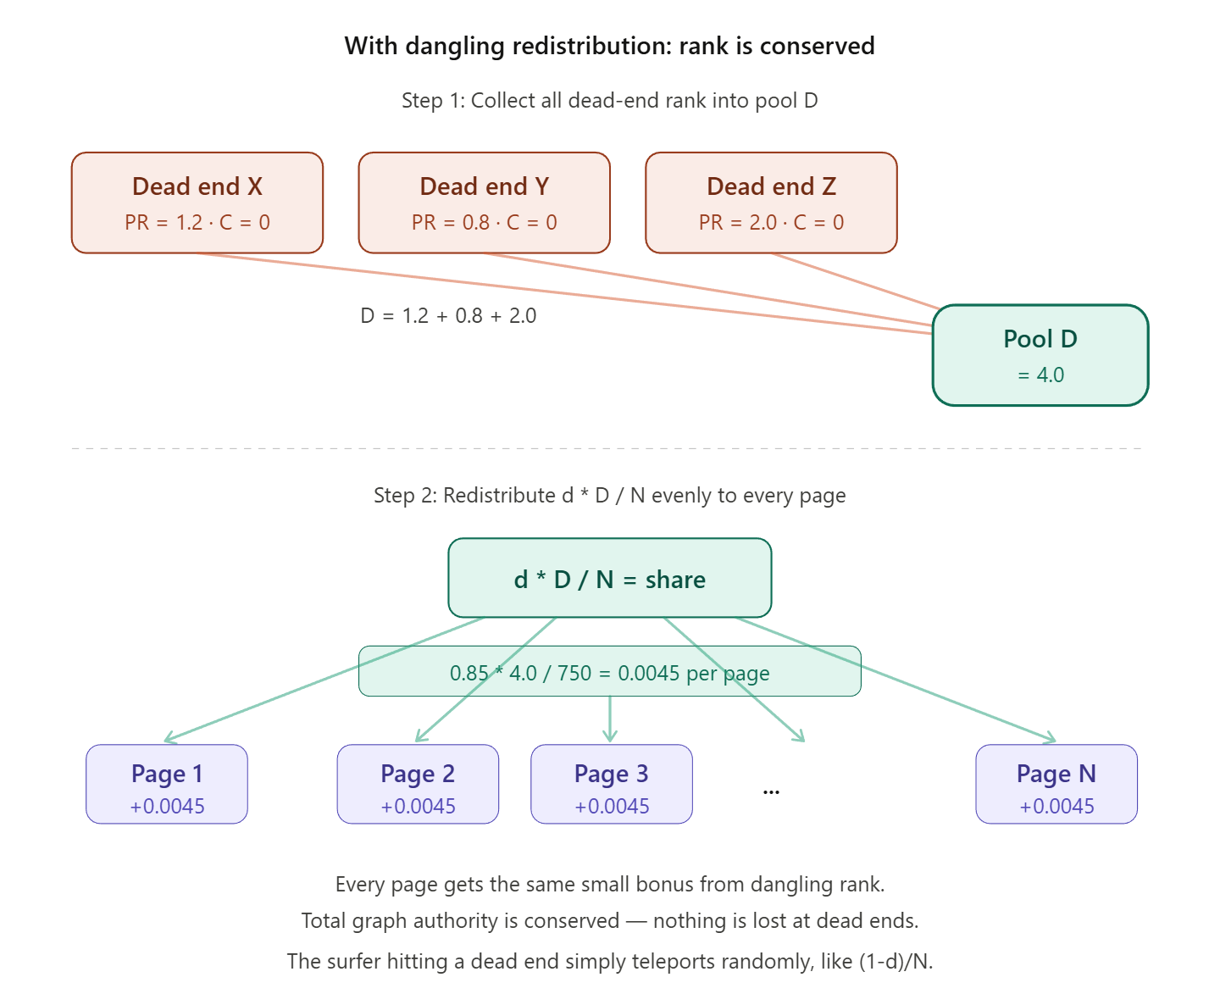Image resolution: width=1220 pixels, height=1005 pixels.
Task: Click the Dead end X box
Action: tap(197, 203)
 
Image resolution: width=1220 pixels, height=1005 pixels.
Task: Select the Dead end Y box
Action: tap(484, 203)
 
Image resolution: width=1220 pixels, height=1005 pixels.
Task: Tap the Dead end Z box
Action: tap(771, 203)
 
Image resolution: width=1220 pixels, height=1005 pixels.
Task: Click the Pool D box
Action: tap(1040, 355)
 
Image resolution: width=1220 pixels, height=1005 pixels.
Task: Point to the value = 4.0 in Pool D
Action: tap(1040, 375)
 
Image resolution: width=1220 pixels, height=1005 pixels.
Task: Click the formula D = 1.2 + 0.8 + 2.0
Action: tap(448, 316)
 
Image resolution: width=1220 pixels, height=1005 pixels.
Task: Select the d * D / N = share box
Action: tap(609, 578)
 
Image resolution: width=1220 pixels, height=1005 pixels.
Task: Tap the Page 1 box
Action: tap(167, 784)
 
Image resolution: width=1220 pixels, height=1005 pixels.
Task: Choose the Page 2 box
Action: tap(418, 784)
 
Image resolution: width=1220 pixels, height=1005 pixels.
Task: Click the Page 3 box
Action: tap(611, 784)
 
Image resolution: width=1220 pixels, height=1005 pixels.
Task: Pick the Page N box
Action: tap(1056, 784)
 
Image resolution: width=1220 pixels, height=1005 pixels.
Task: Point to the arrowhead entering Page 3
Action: tap(610, 737)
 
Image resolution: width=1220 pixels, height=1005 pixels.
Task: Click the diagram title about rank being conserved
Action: tap(609, 46)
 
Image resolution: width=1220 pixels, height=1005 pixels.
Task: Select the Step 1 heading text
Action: tap(609, 101)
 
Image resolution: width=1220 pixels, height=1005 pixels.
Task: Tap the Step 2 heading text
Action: tap(609, 496)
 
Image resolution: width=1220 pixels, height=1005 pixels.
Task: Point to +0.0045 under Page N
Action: tap(1056, 807)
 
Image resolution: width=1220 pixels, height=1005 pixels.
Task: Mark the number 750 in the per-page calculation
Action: tap(574, 674)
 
